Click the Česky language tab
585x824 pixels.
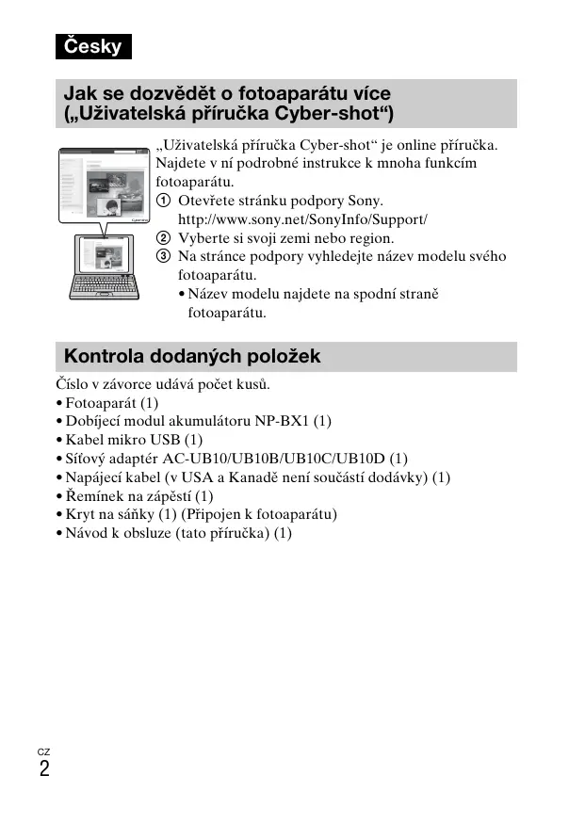click(x=92, y=46)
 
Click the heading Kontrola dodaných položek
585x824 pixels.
click(x=192, y=356)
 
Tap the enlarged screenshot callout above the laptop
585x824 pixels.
click(x=104, y=186)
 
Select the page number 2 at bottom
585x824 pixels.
click(x=44, y=768)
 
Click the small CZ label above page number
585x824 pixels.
click(x=43, y=751)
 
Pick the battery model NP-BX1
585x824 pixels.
click(x=282, y=421)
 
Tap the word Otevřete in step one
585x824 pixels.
click(x=207, y=202)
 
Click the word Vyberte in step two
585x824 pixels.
click(x=202, y=238)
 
